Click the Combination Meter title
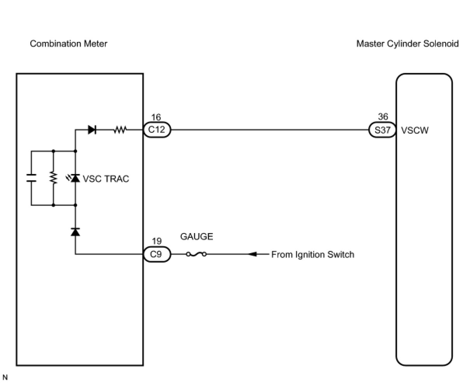coord(68,44)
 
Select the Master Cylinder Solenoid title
coord(407,44)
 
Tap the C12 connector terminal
coord(157,130)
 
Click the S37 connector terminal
coord(382,130)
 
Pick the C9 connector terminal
coord(157,254)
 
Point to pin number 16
coord(156,117)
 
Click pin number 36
coord(383,117)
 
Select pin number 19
coord(157,242)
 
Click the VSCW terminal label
coord(414,130)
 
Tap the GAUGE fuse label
coord(197,237)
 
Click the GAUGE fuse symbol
coord(196,254)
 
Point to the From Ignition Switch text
coord(313,254)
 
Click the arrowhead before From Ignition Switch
coord(252,254)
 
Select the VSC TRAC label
coord(106,179)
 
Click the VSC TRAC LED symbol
coord(75,178)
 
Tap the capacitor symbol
coord(31,178)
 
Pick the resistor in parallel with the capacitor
coord(53,178)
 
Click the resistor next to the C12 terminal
coord(120,130)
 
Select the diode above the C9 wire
coord(75,232)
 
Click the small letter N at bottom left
coord(5,377)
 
